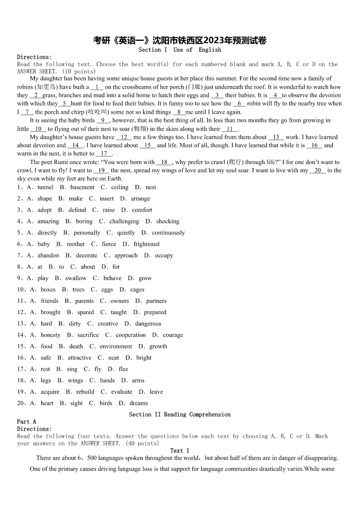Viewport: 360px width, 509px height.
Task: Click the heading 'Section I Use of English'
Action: [180, 49]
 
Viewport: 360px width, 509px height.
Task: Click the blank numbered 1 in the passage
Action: [97, 87]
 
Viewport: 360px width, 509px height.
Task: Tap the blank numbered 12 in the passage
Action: [124, 137]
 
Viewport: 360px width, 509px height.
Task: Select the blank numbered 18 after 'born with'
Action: [164, 162]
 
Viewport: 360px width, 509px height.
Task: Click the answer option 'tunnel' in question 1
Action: [45, 187]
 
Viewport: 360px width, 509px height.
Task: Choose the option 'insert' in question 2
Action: [107, 199]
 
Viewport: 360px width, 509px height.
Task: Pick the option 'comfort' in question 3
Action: [142, 210]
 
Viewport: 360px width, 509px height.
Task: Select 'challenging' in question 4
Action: [124, 221]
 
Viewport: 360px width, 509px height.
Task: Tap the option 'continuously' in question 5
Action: [168, 233]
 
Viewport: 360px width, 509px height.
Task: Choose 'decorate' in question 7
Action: [87, 255]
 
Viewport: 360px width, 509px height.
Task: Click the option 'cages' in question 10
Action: [137, 290]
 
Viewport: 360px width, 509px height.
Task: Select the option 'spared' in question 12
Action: [86, 312]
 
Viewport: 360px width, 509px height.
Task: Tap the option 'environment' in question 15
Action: [116, 346]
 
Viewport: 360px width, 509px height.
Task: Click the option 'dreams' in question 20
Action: [139, 403]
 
